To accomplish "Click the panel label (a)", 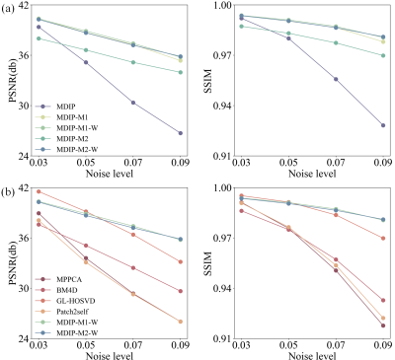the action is point(8,9).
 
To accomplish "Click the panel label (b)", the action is point(8,192).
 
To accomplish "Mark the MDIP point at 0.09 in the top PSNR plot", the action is point(181,133).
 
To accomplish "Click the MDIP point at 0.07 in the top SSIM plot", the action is point(336,79).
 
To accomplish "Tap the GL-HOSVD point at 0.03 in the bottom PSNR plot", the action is point(39,191).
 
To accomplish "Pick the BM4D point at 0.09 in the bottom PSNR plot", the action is point(181,291).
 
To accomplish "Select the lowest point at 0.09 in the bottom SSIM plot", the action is point(383,325).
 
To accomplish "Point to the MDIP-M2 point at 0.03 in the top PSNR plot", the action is point(39,38).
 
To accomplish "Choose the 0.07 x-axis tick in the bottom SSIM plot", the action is point(336,345).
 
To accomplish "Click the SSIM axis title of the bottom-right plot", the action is point(208,264).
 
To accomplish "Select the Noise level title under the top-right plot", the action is point(312,174).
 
